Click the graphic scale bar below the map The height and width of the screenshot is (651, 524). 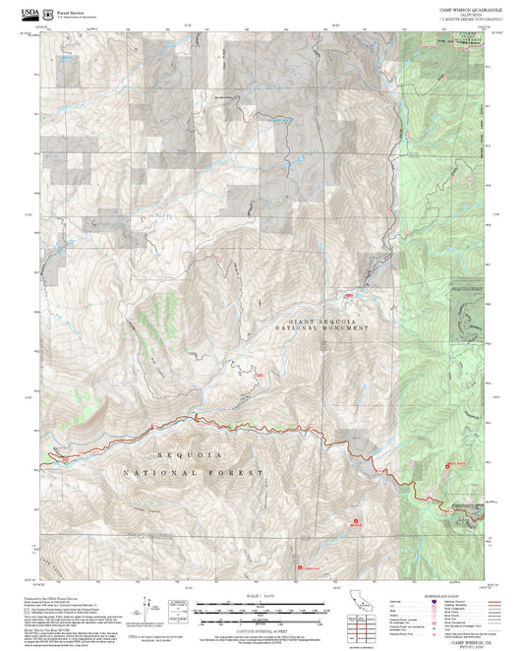click(x=262, y=609)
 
